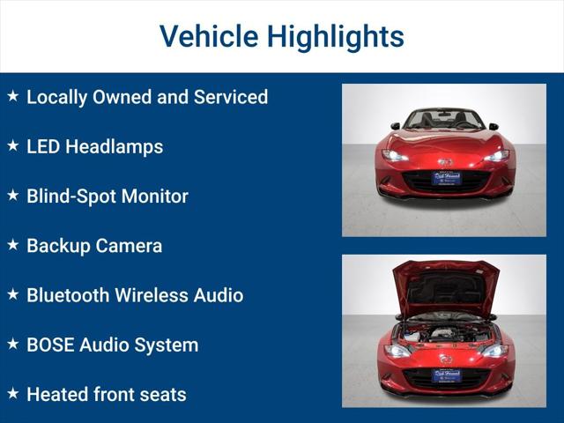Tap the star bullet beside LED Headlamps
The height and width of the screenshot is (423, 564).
click(x=13, y=145)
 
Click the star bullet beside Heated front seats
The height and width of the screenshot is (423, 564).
click(x=13, y=393)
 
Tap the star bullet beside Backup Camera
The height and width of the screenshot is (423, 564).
click(x=13, y=245)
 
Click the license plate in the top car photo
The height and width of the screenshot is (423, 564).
click(x=446, y=177)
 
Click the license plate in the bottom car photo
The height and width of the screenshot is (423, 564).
click(x=446, y=375)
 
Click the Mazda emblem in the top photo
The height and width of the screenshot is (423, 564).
click(x=446, y=162)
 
